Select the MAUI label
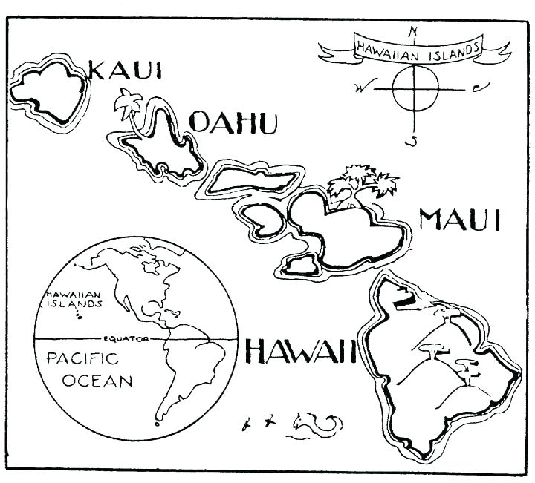pyautogui.click(x=460, y=220)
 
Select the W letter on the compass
pyautogui.click(x=361, y=88)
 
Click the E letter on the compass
pyautogui.click(x=477, y=88)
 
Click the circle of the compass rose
pyautogui.click(x=413, y=88)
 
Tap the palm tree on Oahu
pyautogui.click(x=127, y=108)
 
